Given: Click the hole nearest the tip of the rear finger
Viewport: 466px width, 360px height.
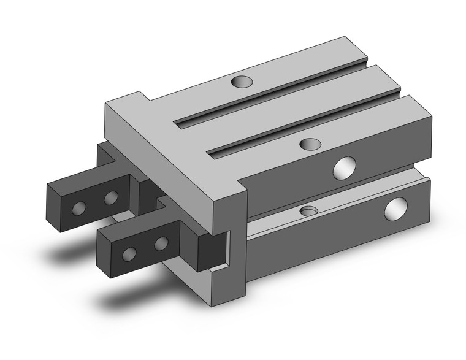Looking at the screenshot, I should [79, 208].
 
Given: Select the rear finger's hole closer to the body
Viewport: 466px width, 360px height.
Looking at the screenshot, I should [111, 197].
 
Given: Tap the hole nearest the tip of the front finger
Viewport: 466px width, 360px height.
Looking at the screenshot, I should [129, 253].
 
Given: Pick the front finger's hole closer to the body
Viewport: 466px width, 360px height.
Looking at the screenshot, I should [161, 243].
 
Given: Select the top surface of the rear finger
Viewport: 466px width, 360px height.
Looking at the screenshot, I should [92, 178].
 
